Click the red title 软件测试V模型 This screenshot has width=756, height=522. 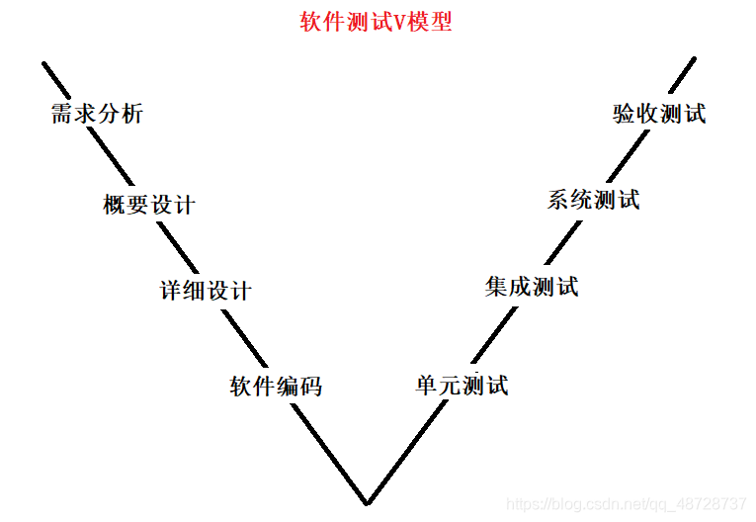[x=376, y=22]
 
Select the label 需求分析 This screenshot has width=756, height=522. [x=97, y=114]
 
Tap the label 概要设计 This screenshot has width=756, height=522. [x=149, y=205]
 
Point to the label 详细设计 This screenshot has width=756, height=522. [x=207, y=291]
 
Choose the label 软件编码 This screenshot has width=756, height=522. [x=276, y=386]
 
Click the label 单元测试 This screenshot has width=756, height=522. [x=462, y=385]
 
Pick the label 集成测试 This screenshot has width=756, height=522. [x=532, y=287]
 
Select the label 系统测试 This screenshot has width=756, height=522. [x=593, y=200]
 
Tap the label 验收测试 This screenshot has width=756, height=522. [x=659, y=114]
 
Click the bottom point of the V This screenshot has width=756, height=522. [x=368, y=501]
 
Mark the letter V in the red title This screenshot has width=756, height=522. [x=400, y=22]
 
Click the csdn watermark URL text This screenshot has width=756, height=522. [x=627, y=504]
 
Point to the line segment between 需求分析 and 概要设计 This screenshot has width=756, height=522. [x=113, y=158]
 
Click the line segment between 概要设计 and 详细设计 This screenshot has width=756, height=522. [x=168, y=247]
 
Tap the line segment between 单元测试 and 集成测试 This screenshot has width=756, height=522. [x=494, y=335]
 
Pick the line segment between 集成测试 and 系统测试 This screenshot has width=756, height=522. [x=558, y=244]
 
